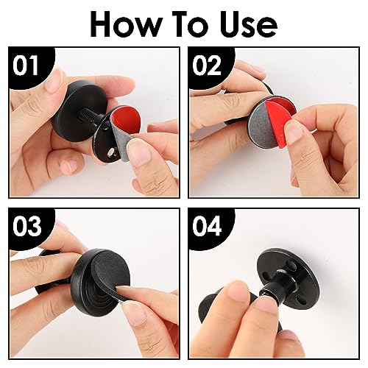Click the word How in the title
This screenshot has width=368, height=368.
point(126,24)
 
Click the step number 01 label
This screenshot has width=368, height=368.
point(26,66)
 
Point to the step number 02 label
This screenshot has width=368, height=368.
point(207,66)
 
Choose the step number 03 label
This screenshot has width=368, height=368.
point(27,226)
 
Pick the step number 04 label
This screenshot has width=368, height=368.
point(207,226)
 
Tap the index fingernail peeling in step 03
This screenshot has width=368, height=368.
point(123,290)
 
